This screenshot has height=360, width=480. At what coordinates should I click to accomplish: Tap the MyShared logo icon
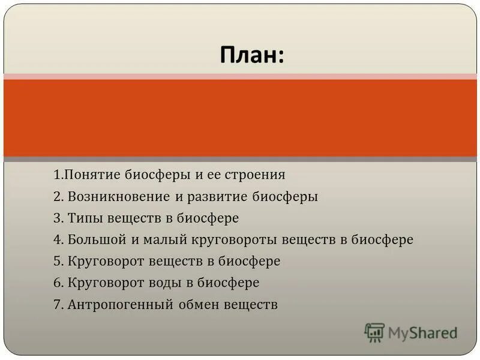(374, 332)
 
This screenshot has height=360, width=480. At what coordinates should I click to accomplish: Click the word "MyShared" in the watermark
(422, 332)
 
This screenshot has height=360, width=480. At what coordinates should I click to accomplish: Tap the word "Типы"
(84, 218)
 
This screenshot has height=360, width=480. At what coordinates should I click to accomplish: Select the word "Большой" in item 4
(95, 240)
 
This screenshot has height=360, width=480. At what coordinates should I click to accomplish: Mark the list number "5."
(58, 262)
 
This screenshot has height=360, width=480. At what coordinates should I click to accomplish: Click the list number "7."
(58, 305)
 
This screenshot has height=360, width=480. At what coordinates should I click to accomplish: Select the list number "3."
(58, 218)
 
